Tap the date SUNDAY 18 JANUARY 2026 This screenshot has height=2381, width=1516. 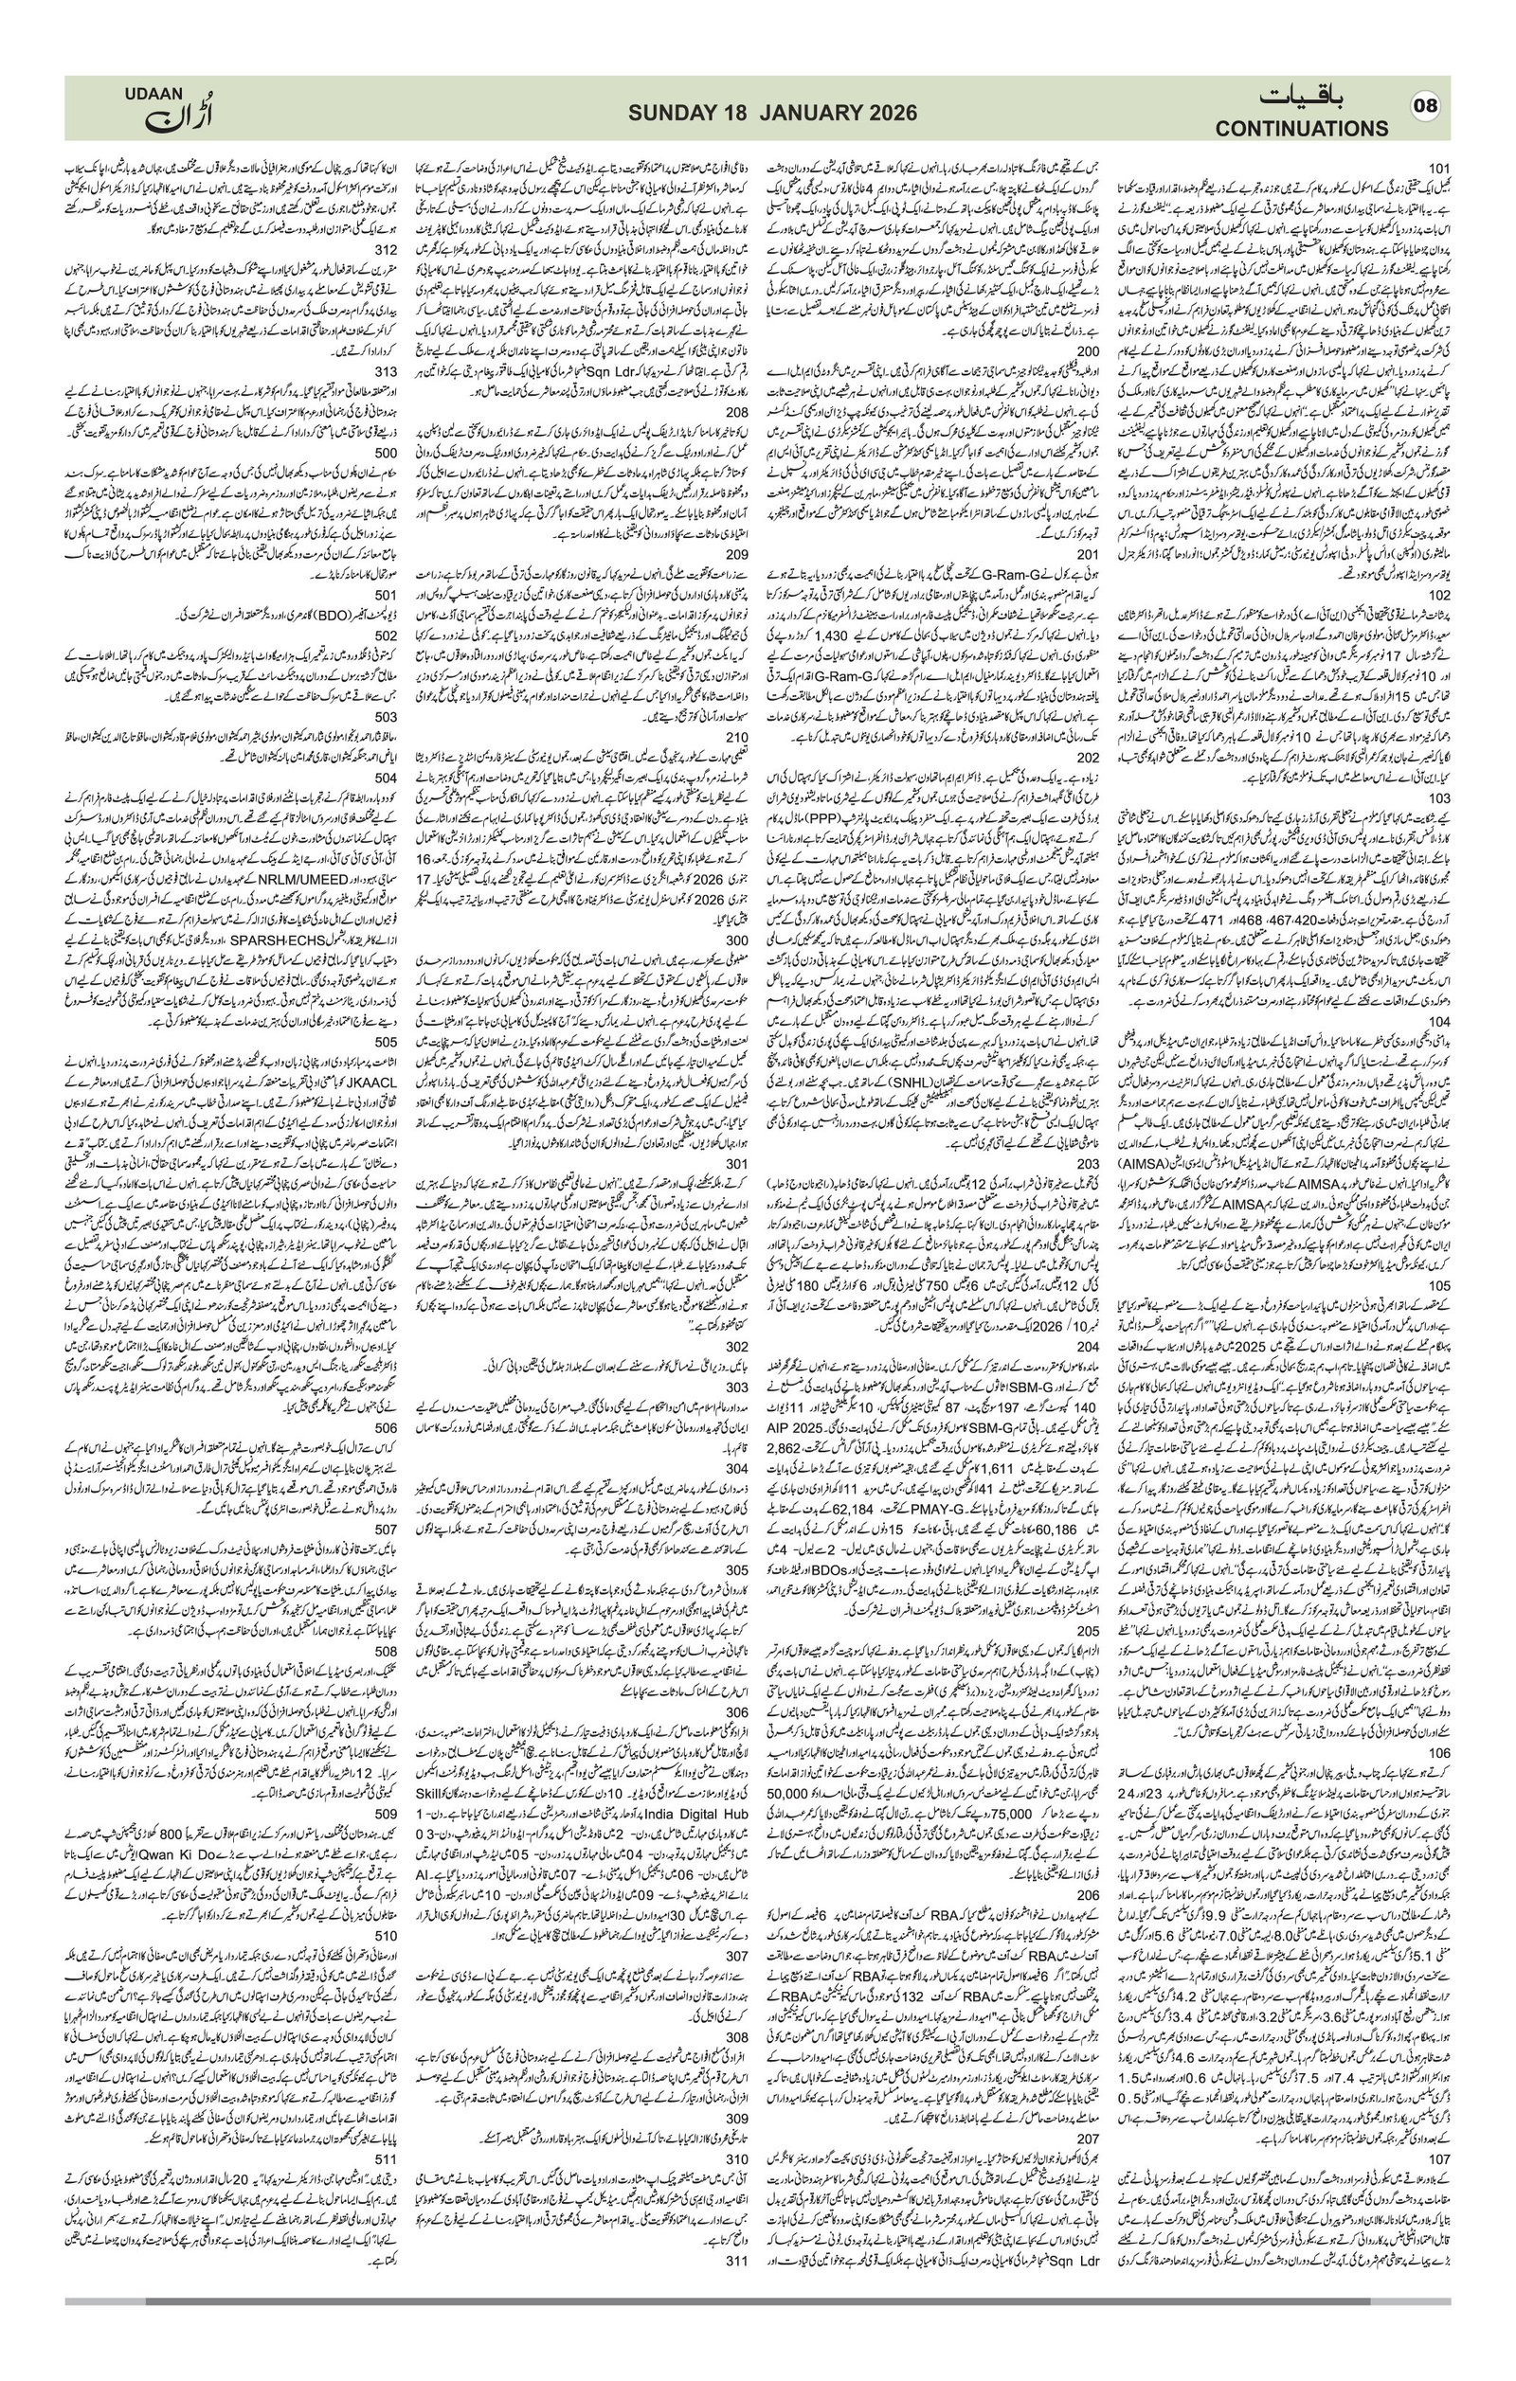point(772,115)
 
